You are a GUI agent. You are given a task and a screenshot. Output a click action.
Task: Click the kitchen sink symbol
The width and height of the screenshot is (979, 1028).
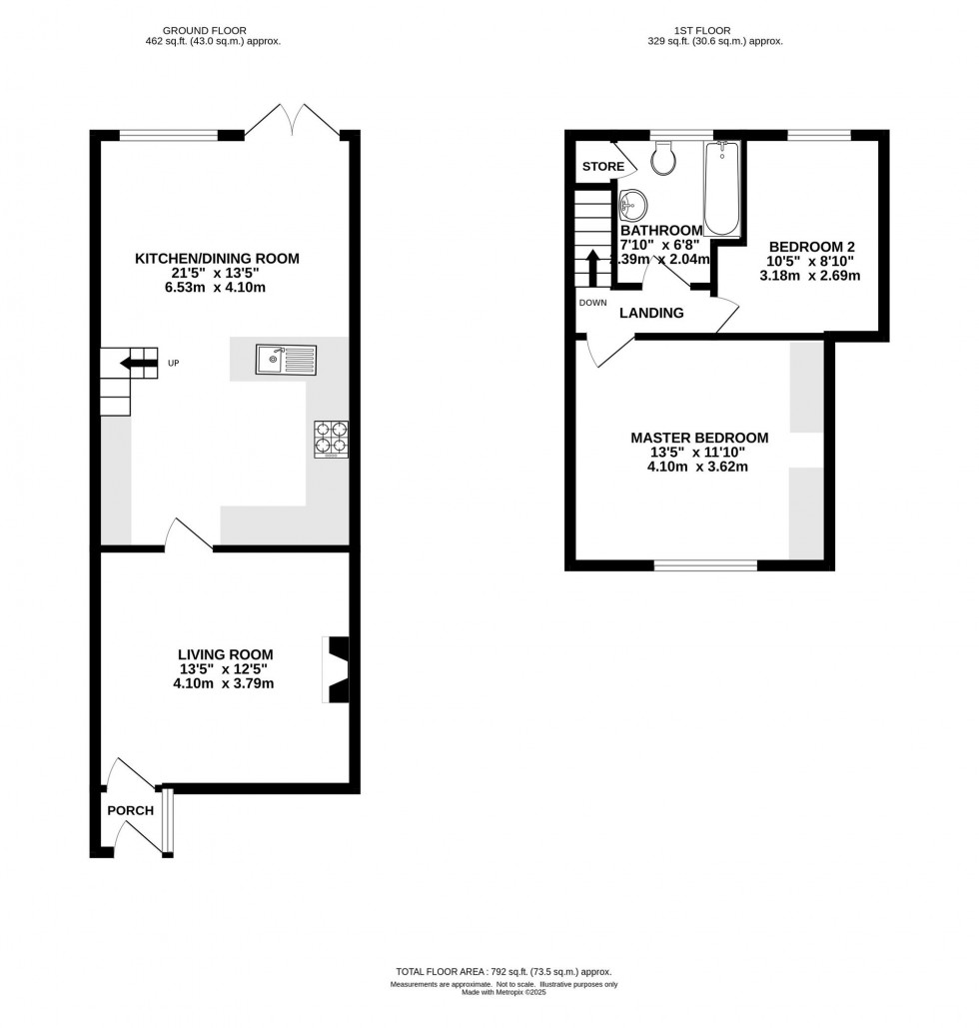[286, 358]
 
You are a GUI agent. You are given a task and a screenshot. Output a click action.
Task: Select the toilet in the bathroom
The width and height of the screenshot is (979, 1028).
[662, 158]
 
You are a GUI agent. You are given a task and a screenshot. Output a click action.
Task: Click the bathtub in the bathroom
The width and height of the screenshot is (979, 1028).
[721, 188]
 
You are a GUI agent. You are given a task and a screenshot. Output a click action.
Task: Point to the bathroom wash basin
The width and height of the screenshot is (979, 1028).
[631, 207]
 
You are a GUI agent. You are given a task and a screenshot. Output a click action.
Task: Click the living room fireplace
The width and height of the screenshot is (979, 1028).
[337, 669]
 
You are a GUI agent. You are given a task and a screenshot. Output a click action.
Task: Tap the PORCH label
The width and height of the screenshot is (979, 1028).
[131, 810]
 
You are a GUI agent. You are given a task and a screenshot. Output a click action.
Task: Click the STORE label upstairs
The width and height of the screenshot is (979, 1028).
[603, 166]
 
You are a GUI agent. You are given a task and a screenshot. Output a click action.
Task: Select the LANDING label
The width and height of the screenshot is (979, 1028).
[651, 313]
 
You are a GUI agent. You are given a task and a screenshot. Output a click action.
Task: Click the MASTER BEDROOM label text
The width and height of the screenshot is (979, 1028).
[699, 438]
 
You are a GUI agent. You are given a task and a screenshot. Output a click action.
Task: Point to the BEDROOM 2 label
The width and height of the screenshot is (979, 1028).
[810, 246]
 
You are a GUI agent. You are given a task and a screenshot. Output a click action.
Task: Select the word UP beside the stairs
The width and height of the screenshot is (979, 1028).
[173, 363]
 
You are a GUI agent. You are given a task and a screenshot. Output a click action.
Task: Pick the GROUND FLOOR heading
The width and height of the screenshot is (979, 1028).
[211, 31]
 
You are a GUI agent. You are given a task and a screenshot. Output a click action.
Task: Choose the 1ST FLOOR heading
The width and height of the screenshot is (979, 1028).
[712, 31]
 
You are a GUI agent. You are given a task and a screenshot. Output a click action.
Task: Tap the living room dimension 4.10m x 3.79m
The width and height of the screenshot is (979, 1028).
[223, 684]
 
